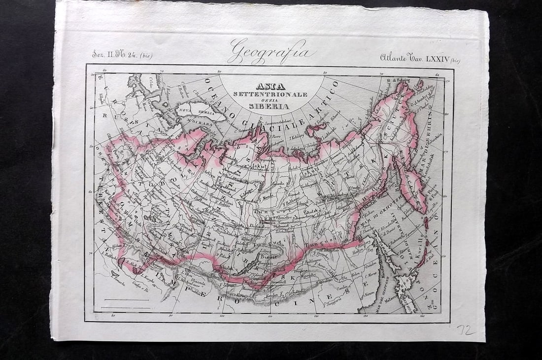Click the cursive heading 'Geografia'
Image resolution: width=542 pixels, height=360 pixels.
pos(271,51)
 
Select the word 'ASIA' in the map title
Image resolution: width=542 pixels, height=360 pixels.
pos(270,86)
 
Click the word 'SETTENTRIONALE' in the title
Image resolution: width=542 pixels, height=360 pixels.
pos(270,94)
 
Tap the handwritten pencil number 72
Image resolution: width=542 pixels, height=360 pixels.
pos(466,329)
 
